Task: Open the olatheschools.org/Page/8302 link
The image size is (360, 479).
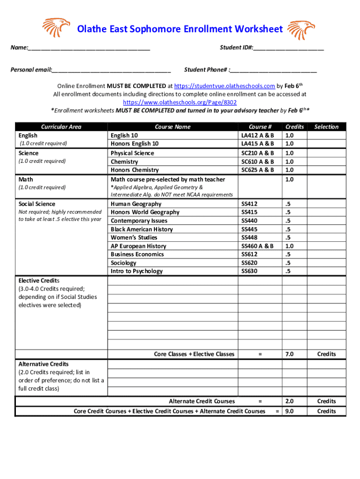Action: click(180, 102)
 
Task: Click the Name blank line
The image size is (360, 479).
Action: click(89, 49)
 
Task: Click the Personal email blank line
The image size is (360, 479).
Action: click(111, 71)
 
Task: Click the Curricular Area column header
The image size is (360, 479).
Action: click(61, 127)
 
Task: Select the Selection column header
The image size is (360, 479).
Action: click(326, 127)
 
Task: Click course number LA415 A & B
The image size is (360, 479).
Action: click(258, 144)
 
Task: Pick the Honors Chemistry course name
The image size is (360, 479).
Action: click(135, 170)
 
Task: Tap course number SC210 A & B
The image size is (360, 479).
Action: click(258, 153)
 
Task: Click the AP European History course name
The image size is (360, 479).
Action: click(138, 246)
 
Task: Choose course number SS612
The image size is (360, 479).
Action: click(249, 254)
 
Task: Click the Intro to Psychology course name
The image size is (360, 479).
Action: click(137, 271)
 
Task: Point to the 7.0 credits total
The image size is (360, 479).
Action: click(289, 354)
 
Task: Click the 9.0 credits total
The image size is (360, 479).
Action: click(289, 411)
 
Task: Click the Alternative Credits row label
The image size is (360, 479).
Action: click(43, 364)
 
